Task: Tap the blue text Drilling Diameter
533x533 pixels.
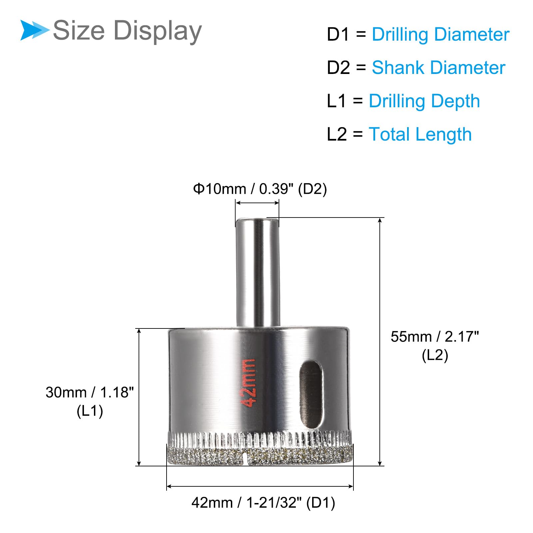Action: (x=440, y=34)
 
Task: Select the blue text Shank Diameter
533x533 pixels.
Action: (x=438, y=68)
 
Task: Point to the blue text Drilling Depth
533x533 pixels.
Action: (x=424, y=101)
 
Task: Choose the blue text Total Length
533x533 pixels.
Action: (x=420, y=135)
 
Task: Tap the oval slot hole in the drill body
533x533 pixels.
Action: (x=311, y=394)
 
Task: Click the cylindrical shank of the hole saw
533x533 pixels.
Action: (x=257, y=272)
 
